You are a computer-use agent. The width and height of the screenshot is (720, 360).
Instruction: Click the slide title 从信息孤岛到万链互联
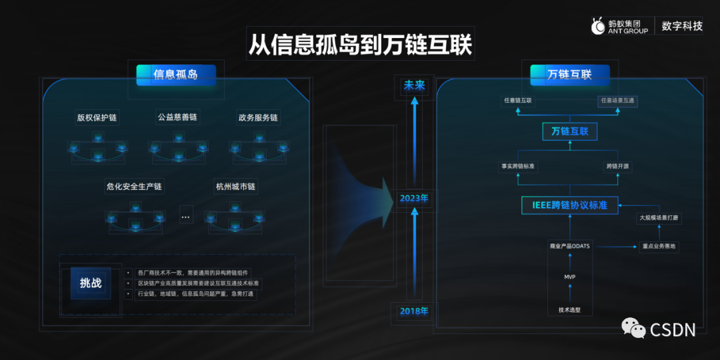tap(360, 45)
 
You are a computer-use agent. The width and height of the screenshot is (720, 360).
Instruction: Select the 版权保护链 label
tap(97, 118)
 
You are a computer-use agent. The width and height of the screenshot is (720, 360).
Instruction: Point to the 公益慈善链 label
tap(177, 117)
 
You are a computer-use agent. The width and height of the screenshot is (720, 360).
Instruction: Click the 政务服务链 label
tap(258, 118)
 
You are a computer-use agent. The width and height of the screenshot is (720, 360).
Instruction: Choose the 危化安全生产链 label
tap(134, 187)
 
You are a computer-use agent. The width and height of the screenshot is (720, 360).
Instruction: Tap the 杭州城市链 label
tap(235, 187)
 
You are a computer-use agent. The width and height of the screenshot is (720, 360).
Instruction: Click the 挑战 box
tap(91, 283)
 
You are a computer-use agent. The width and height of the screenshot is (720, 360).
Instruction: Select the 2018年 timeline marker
tap(414, 311)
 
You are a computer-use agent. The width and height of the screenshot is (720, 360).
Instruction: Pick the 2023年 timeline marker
tap(414, 199)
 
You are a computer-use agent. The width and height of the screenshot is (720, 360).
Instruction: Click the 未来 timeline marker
tap(414, 85)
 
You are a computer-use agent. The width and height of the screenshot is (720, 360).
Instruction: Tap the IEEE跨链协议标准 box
tap(569, 205)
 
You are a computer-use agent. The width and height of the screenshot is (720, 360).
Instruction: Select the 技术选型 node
tap(569, 310)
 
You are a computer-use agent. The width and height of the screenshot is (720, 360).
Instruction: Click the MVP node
tap(569, 275)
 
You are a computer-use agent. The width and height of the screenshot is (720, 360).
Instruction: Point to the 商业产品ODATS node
tap(569, 246)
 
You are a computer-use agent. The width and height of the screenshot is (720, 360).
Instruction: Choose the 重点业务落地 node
tap(659, 246)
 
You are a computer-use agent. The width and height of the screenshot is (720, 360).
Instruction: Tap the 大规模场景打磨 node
tap(659, 217)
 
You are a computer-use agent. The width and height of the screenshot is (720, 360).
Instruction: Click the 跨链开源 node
tap(617, 166)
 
